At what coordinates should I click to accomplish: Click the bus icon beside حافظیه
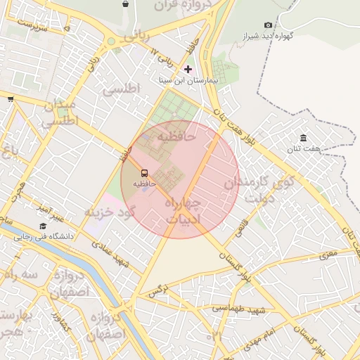tap(144, 173)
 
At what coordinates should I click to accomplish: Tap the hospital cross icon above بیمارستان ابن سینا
tap(188, 69)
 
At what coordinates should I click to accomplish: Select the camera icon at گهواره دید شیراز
tap(268, 25)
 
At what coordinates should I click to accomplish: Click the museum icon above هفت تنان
tap(303, 138)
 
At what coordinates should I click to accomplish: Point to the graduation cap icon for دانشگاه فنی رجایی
tap(43, 226)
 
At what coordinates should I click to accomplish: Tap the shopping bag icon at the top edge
tap(125, 4)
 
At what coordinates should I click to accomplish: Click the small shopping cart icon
tap(11, 99)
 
